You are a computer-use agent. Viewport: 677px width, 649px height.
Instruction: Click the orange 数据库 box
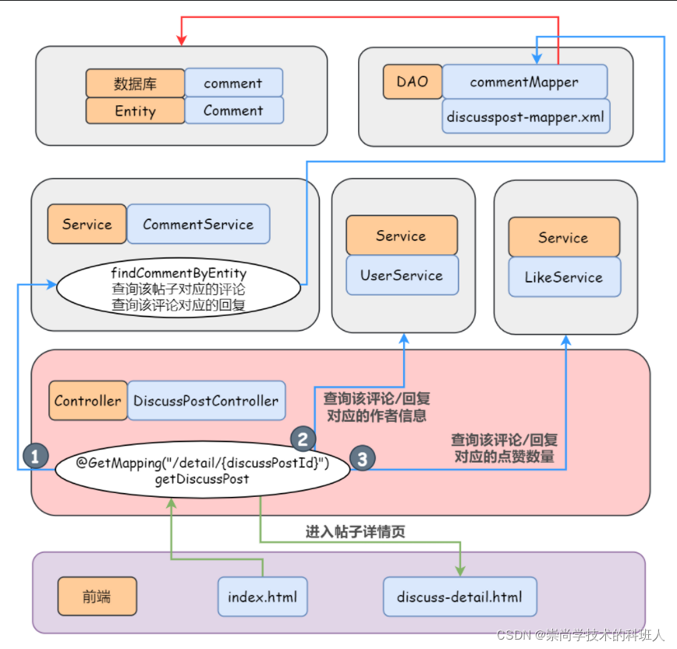click(x=135, y=83)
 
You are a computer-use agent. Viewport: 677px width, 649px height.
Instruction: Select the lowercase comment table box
click(x=233, y=83)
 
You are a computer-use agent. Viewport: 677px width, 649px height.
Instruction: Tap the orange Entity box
click(x=135, y=111)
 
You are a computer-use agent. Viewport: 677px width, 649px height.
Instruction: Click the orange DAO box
click(x=412, y=81)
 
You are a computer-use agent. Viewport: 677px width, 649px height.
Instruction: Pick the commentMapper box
click(x=524, y=82)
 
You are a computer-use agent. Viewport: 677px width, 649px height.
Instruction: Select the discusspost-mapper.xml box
click(x=524, y=116)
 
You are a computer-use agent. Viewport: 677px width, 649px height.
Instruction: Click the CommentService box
click(x=198, y=224)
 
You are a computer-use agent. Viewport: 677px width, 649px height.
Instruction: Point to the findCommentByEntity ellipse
click(x=179, y=289)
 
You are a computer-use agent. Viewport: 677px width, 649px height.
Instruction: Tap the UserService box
click(x=402, y=275)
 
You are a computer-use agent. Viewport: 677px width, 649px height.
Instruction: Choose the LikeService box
click(x=564, y=277)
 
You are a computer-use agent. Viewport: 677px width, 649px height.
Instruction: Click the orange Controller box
click(x=87, y=401)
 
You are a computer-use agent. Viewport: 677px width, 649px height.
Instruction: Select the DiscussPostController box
click(x=206, y=401)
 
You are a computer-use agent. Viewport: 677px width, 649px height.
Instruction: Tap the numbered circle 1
click(x=35, y=456)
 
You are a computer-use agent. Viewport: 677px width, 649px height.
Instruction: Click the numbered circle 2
click(x=303, y=438)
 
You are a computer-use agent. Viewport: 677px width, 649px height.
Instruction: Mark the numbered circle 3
click(x=361, y=459)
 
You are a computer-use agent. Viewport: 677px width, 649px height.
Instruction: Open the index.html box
click(x=262, y=597)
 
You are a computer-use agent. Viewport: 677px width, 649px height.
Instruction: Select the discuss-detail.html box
click(x=459, y=597)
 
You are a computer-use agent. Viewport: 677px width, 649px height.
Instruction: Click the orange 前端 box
click(x=97, y=597)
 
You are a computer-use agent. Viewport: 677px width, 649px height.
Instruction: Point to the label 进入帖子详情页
click(x=355, y=532)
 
